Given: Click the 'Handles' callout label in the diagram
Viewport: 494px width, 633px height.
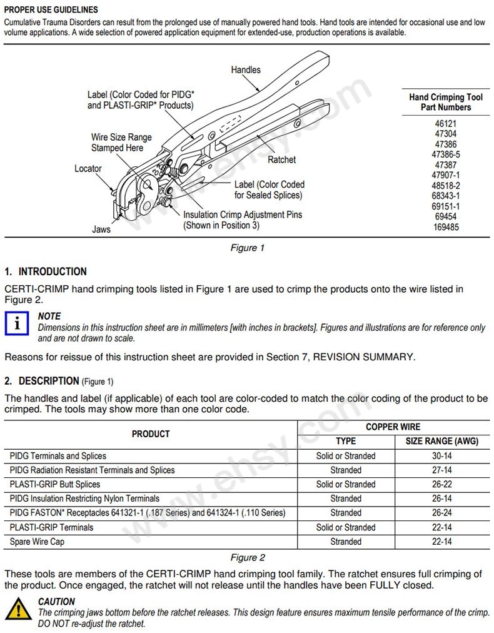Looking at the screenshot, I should point(246,69).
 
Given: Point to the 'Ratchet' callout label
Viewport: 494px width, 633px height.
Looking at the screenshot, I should point(281,160).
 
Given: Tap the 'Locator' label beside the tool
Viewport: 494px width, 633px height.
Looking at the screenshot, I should point(88,168).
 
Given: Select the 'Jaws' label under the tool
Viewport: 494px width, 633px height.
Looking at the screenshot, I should point(101,229).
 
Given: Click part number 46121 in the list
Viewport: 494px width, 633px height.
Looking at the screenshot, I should point(446,124).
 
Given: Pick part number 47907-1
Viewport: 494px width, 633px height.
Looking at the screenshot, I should point(446,175).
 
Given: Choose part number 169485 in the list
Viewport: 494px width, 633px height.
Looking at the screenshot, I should point(446,226).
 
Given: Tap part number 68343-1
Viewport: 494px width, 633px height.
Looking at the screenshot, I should point(446,196).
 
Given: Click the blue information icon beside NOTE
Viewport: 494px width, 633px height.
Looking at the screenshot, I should point(18,324).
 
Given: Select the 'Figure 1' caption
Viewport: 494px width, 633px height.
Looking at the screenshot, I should point(247,248).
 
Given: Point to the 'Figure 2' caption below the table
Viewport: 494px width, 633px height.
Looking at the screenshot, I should point(247,557).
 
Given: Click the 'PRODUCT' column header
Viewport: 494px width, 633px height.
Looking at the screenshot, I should point(151,433).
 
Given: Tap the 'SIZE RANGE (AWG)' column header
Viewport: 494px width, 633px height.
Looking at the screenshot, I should point(441,441).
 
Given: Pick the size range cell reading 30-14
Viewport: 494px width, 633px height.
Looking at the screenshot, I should point(441,456).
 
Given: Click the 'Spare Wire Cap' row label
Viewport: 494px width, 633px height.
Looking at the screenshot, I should point(37,542).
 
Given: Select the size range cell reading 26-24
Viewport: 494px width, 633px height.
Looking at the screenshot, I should point(441,513).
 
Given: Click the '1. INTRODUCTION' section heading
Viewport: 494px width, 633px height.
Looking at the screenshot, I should point(46,271).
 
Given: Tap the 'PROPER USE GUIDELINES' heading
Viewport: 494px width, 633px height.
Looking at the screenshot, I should point(51,10).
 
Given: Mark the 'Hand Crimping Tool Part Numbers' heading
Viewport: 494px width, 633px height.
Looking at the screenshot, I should point(446,102).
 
